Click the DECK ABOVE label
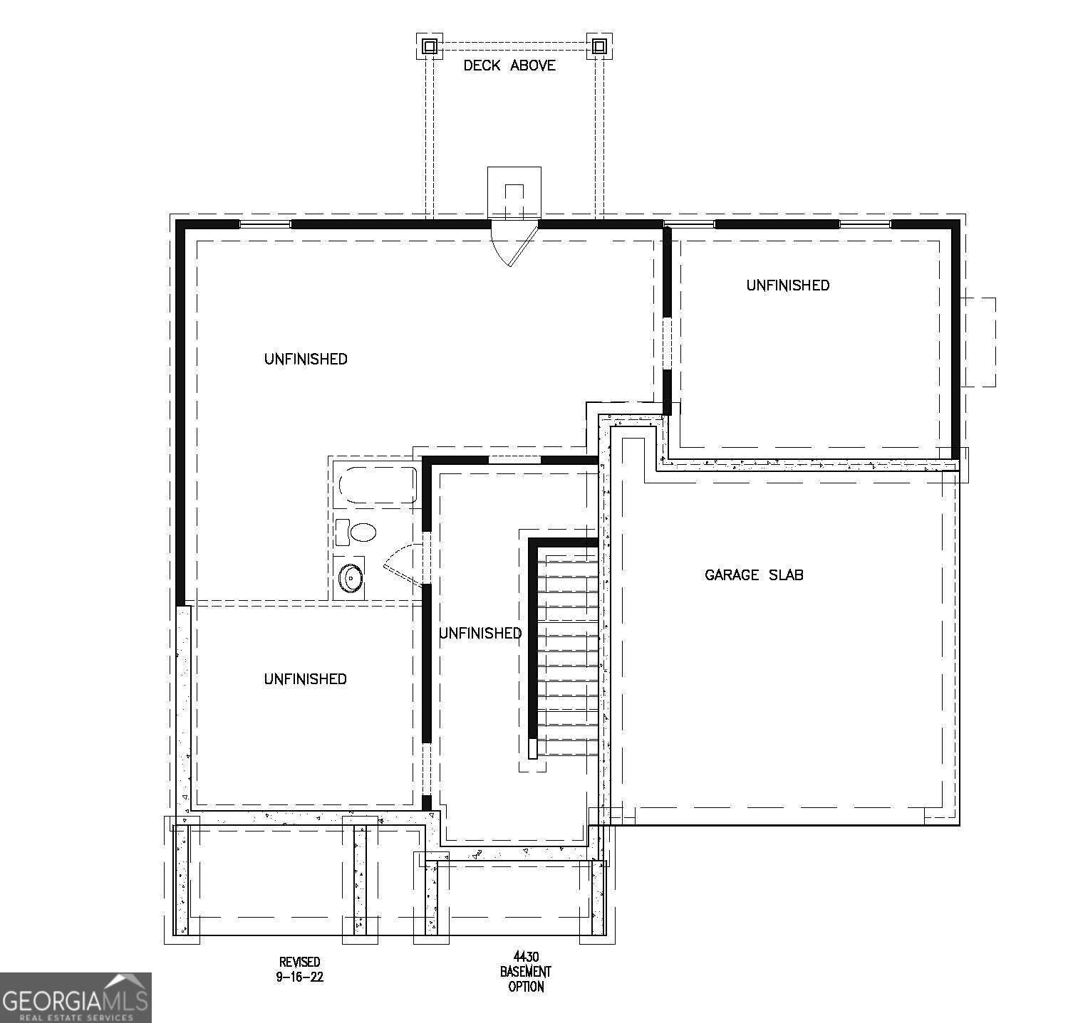point(509,65)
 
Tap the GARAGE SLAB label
point(754,575)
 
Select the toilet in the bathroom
point(362,532)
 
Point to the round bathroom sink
point(351,578)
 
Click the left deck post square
point(429,46)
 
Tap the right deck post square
point(599,46)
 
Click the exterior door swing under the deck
point(514,243)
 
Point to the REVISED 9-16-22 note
point(300,970)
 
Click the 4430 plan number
point(526,955)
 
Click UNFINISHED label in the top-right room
point(787,285)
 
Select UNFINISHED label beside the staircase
point(480,633)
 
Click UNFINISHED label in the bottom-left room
point(305,679)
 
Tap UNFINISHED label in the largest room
point(305,359)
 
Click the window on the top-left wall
point(265,224)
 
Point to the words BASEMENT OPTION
point(526,979)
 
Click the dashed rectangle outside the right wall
point(979,342)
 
